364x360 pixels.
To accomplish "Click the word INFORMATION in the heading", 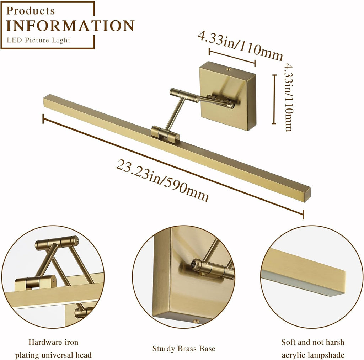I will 70,26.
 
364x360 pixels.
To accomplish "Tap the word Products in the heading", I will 31,11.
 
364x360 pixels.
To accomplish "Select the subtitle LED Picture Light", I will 38,40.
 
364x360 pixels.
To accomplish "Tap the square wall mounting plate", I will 228,95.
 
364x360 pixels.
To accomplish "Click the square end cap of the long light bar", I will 306,195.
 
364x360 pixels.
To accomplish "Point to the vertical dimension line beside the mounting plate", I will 274,99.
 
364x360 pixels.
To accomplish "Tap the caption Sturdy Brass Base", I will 184,349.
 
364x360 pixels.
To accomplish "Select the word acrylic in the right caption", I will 299,355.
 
